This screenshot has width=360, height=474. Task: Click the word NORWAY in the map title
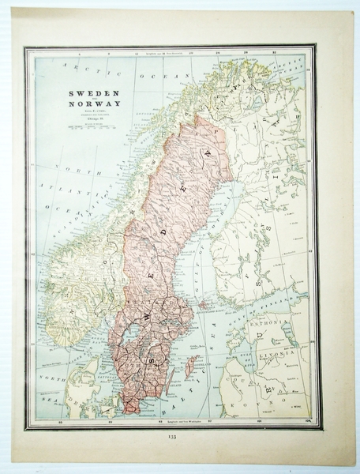click(86, 105)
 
